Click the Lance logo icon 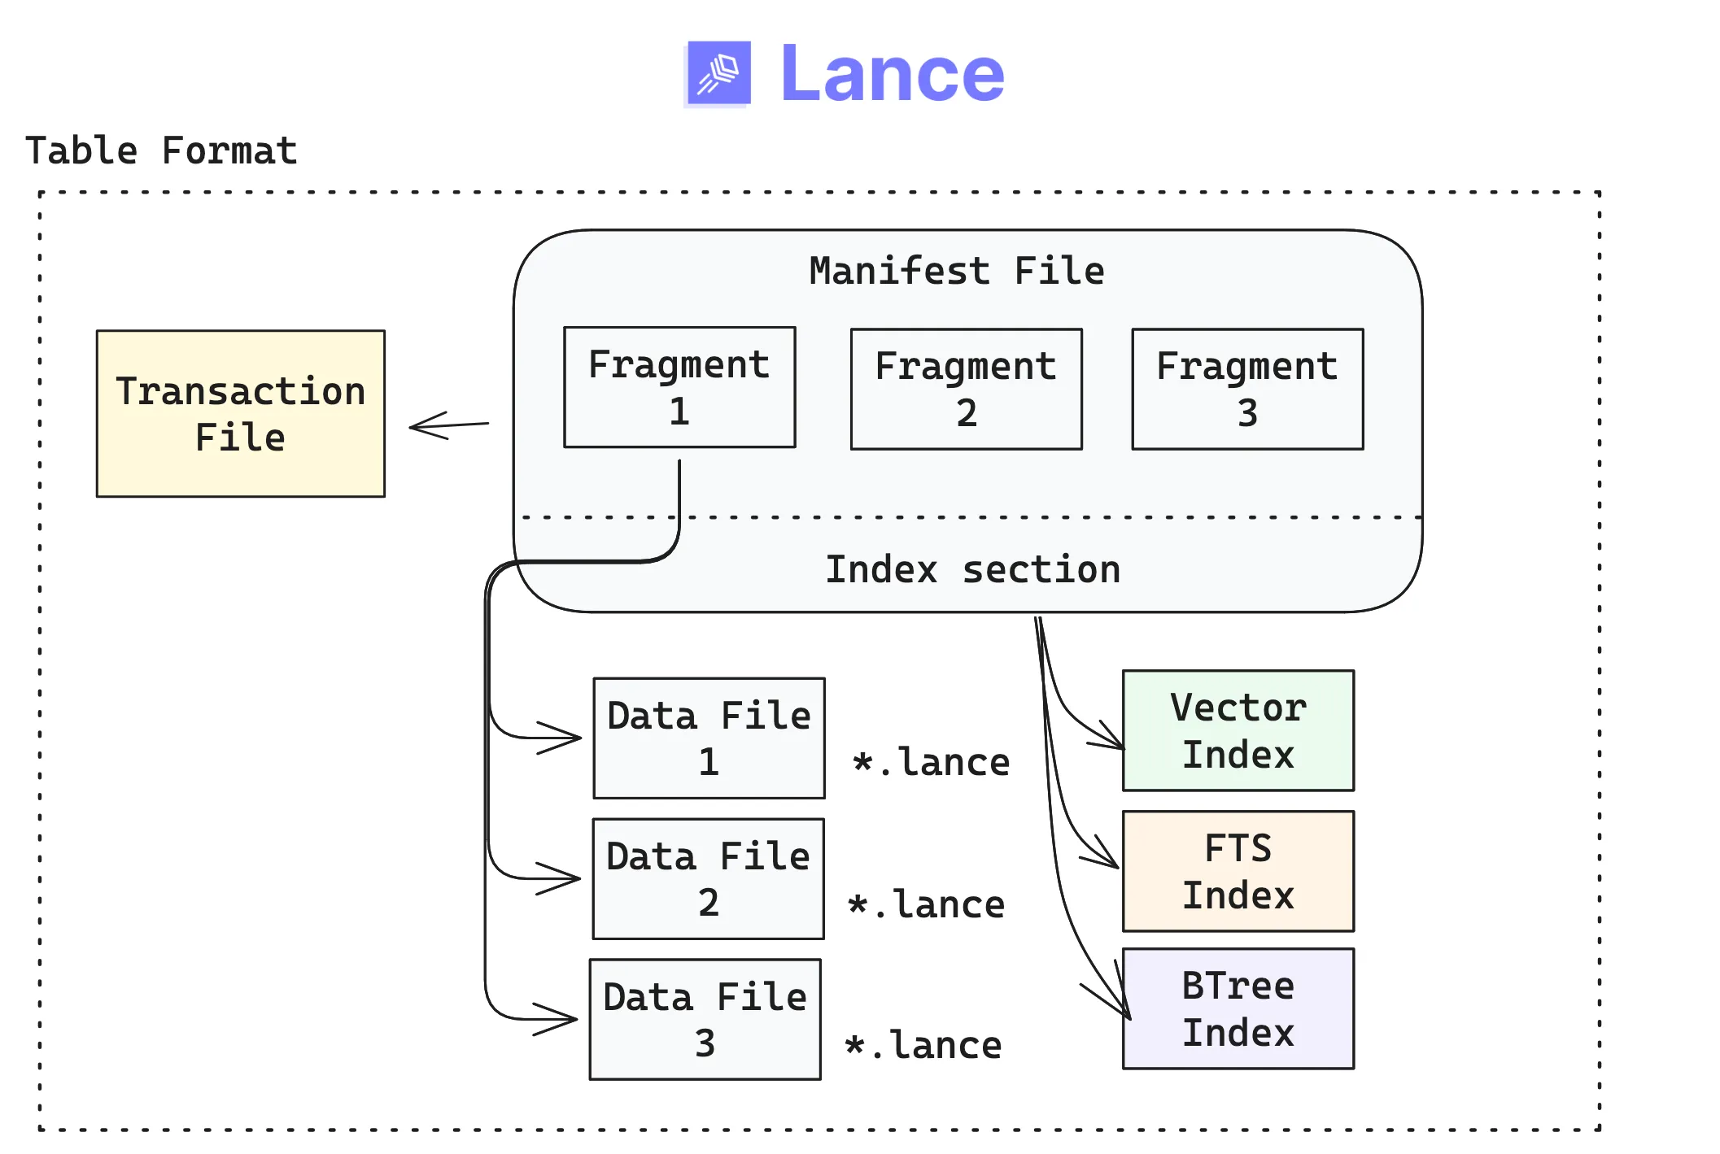coord(718,73)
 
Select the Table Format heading coord(161,151)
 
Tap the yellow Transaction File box coord(240,413)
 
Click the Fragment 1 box coord(679,387)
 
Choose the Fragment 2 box coord(966,389)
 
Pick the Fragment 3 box coord(1246,389)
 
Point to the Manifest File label coord(956,271)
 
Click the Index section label coord(972,569)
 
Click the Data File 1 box coord(709,738)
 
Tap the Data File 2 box coord(708,878)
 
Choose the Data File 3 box coord(705,1019)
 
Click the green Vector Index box coord(1238,730)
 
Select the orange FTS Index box coord(1238,871)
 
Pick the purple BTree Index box coord(1238,1008)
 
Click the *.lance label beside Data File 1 coord(930,763)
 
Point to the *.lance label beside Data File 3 coord(923,1045)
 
